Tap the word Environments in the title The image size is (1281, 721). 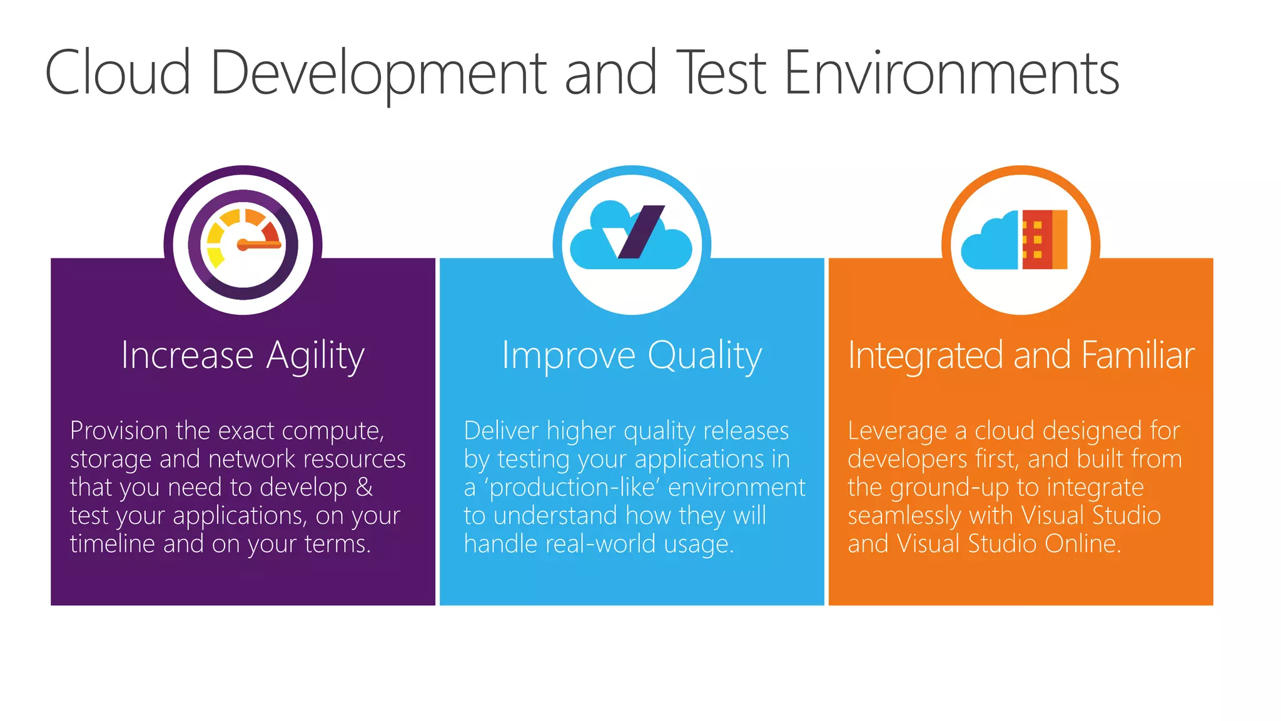951,74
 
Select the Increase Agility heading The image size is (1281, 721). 243,355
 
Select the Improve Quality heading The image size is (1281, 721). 632,355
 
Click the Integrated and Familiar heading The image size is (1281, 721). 1021,355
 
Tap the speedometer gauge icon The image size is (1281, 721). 243,244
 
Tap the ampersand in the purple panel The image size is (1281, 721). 364,487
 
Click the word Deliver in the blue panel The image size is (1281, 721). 500,431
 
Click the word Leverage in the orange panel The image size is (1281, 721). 897,431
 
